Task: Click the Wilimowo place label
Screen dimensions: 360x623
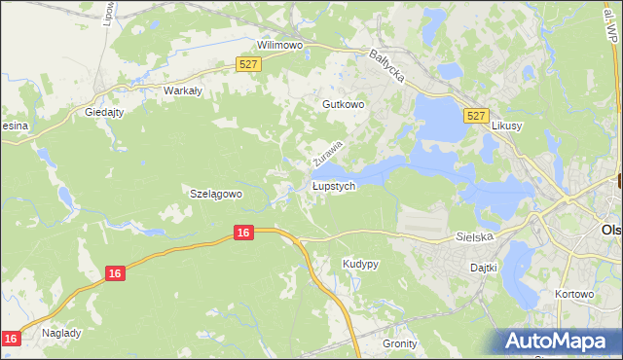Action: coord(279,45)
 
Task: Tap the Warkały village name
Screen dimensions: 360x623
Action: coord(182,90)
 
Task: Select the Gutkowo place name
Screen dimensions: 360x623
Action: coord(343,103)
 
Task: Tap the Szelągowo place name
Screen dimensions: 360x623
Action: coord(215,194)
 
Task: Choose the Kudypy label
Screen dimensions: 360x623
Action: coord(360,264)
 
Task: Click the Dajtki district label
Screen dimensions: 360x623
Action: coord(483,267)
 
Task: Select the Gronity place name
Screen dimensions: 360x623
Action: coord(399,343)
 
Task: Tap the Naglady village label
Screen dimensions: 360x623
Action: coord(61,332)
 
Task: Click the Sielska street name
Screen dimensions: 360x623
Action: coord(476,236)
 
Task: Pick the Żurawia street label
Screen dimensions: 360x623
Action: coord(328,152)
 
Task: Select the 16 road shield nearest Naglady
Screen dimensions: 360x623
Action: coord(11,338)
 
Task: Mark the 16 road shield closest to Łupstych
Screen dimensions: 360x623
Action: coord(243,233)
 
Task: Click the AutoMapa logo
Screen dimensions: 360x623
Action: coord(560,342)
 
